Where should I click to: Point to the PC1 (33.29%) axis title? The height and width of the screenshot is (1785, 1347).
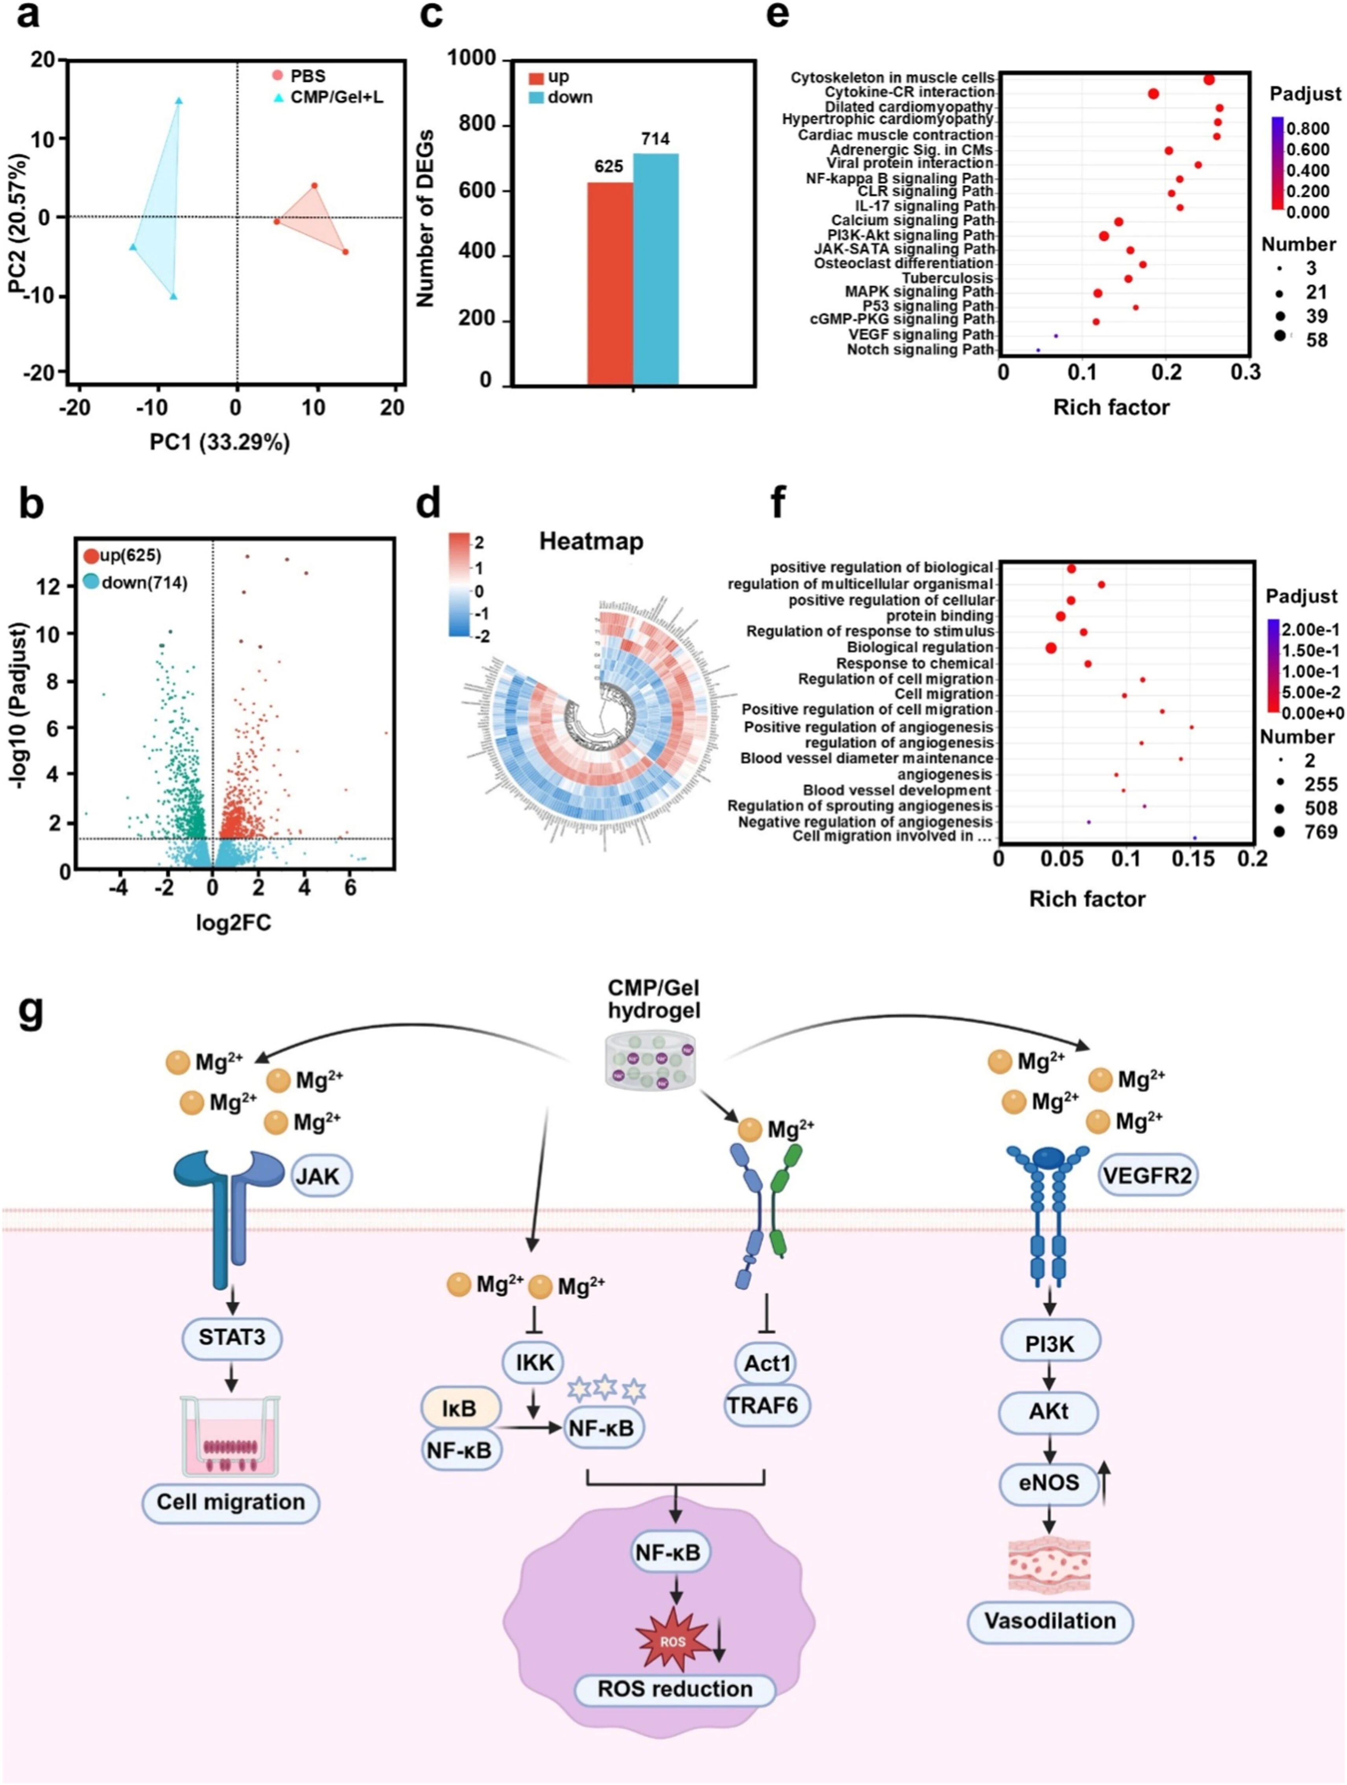click(220, 442)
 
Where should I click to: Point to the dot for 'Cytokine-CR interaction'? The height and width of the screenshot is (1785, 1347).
click(1153, 94)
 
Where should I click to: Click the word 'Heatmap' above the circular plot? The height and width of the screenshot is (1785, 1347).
click(591, 541)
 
